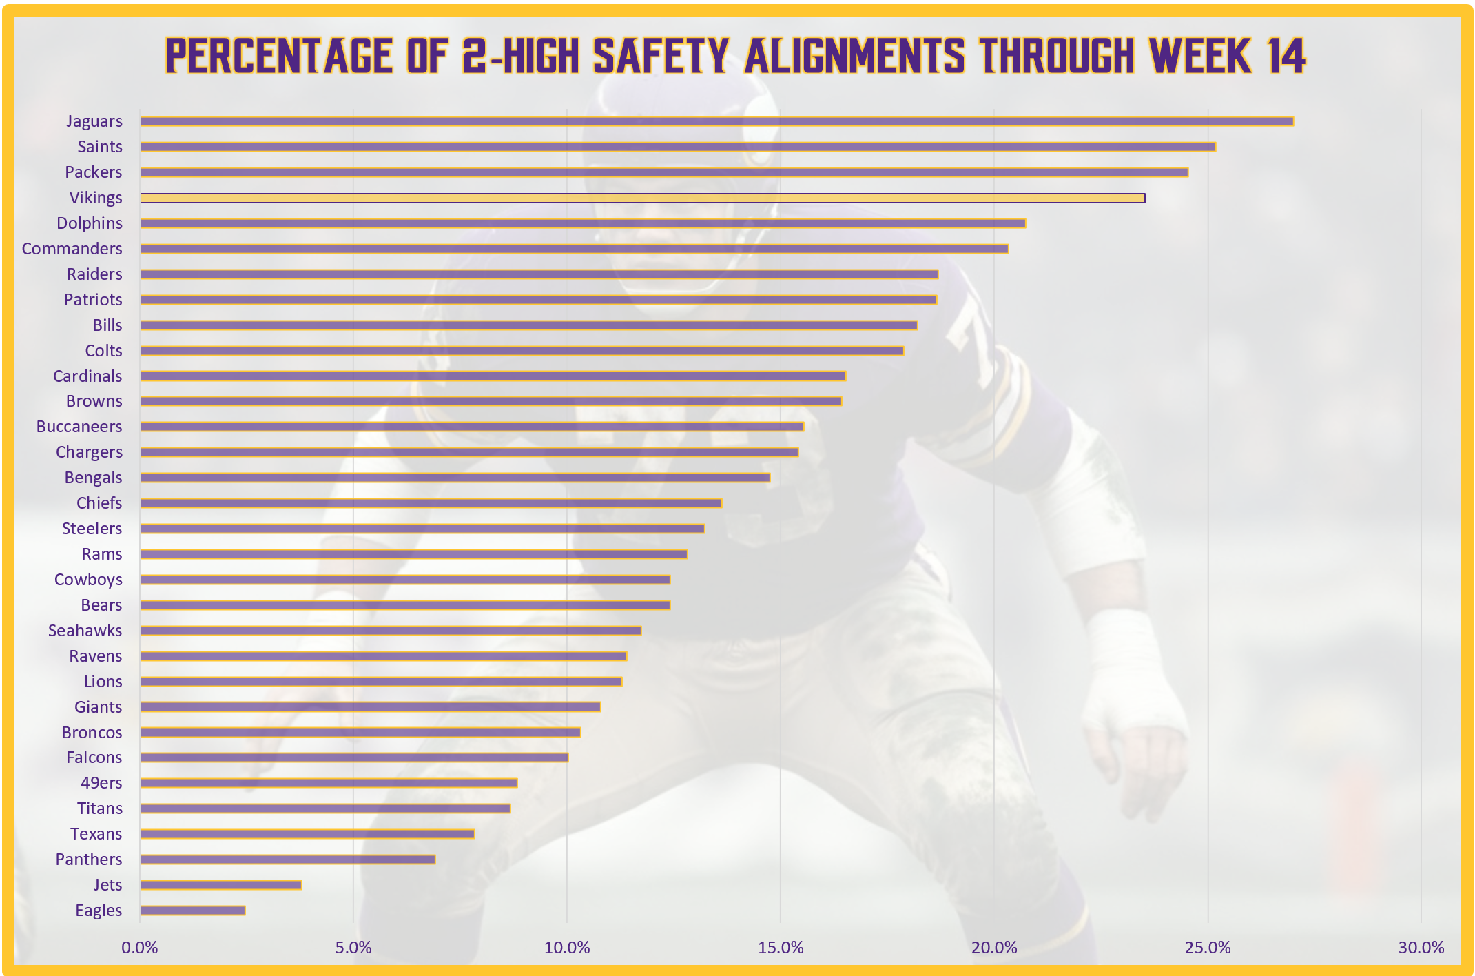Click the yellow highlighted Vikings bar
(642, 198)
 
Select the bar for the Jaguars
(716, 121)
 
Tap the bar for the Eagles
(192, 911)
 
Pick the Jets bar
(220, 885)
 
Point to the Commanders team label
(72, 249)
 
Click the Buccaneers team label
(79, 427)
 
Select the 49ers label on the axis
(101, 783)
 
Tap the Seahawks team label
(85, 631)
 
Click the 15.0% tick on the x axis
(781, 948)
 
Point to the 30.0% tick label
(1421, 948)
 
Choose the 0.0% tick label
(140, 948)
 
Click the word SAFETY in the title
(661, 56)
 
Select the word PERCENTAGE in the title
(279, 56)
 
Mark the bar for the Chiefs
(431, 503)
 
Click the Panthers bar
(287, 860)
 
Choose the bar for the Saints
(678, 147)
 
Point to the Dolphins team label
(90, 223)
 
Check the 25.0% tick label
(1208, 948)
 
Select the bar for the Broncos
(360, 732)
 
